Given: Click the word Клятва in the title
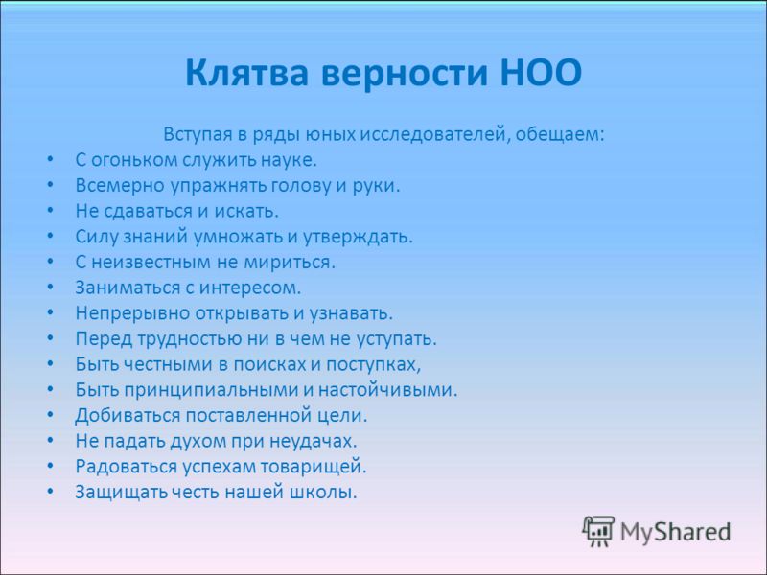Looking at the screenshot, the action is [247, 73].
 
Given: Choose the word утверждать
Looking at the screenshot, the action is [358, 237].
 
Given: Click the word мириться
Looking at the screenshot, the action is [290, 262].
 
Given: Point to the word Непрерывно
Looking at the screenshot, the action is [132, 313].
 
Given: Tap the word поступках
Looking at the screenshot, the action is [374, 364].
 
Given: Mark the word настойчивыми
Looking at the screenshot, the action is [388, 390].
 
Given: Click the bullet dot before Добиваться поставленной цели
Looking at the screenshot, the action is [51, 415].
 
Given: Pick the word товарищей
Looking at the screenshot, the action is [314, 467].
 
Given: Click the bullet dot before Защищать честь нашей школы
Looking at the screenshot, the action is [51, 492].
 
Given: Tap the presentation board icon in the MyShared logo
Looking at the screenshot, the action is [597, 531].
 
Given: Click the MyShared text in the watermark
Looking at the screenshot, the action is [676, 532].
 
